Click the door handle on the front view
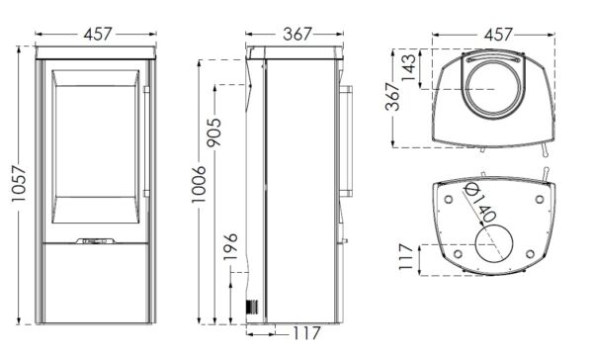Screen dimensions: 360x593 coord(145,138)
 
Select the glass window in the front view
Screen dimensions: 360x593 coord(96,148)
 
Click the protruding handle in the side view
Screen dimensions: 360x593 coord(347,138)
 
